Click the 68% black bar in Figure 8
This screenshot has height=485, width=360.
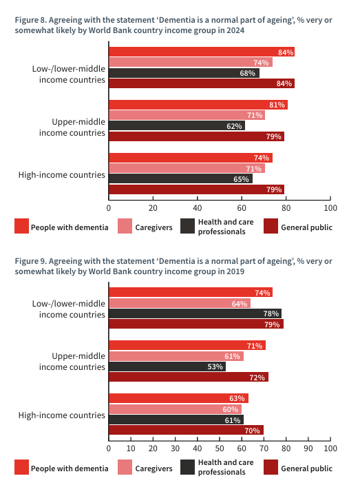[184, 73]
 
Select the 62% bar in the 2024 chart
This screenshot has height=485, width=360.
[177, 126]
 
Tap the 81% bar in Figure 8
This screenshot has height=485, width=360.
[198, 105]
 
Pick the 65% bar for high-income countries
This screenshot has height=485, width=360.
[180, 179]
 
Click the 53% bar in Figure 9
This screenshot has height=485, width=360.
[167, 367]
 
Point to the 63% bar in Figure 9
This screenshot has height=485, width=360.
[178, 398]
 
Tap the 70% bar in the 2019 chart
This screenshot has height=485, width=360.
[186, 431]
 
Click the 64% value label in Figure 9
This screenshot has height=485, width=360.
[240, 303]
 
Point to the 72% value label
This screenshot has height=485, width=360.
[258, 378]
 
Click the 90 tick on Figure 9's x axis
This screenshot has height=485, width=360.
[308, 448]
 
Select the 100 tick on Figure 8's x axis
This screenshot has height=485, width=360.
[330, 207]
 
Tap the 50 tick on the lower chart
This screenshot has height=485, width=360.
[220, 448]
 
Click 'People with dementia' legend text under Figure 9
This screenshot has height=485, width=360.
[70, 468]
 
